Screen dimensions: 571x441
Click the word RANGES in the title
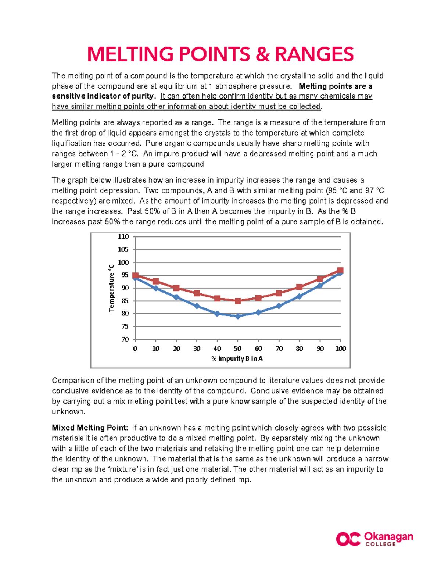coord(314,54)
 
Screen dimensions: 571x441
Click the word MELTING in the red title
coord(130,54)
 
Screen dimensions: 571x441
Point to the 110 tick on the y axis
coord(123,236)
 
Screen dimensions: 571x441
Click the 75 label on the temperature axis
coord(125,326)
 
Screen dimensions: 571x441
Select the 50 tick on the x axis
coord(238,349)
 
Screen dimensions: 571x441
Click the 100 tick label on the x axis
coord(341,349)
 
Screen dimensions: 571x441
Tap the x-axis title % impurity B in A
coord(237,358)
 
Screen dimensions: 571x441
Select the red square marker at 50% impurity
coord(238,301)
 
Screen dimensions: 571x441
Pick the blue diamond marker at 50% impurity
coord(238,316)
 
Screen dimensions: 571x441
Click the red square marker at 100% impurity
coord(340,271)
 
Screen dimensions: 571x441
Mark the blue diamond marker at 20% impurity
coord(176,297)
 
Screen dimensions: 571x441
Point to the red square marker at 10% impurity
coord(156,281)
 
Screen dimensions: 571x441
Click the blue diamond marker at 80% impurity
coord(299,296)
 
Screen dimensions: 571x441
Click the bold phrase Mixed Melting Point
coord(90,428)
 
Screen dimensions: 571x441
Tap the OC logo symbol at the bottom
coord(348,539)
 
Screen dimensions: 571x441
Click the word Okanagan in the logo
coord(388,536)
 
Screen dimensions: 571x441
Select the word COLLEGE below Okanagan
coord(380,544)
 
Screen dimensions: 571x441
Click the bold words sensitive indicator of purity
coord(102,96)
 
